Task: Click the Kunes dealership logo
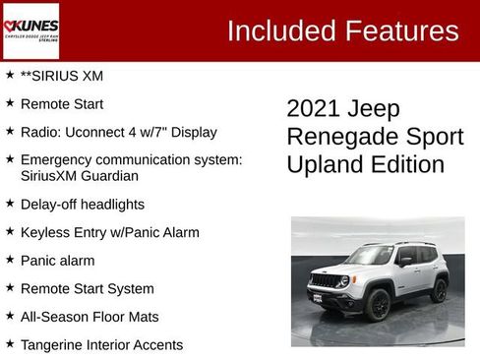(x=30, y=30)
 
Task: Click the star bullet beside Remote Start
(x=10, y=103)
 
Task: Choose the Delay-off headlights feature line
(x=82, y=205)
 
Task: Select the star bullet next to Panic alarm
(x=10, y=261)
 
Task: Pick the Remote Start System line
(x=87, y=289)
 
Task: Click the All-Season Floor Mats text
(x=89, y=317)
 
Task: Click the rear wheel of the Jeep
(x=439, y=290)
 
